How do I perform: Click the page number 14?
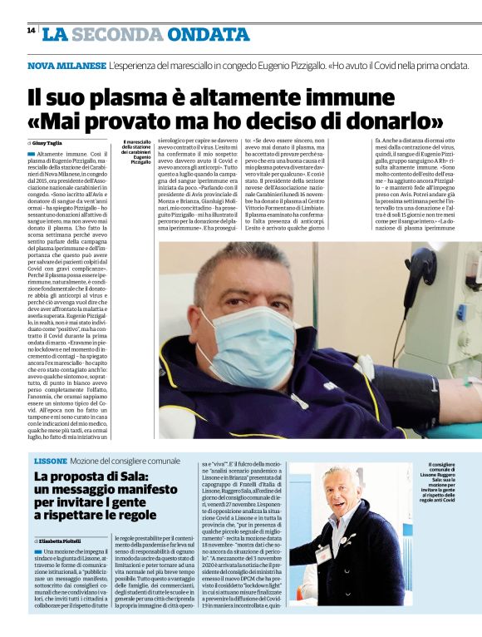pos(31,31)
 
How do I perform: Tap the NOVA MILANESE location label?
pos(66,65)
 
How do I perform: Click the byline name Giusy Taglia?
pos(51,143)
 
